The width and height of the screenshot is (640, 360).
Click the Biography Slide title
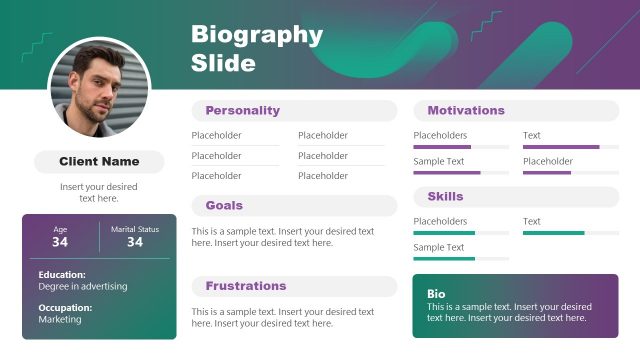pyautogui.click(x=257, y=49)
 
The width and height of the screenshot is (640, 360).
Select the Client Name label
pyautogui.click(x=99, y=161)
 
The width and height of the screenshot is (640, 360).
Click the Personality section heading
pyautogui.click(x=243, y=111)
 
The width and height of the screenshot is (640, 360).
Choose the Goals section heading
pyautogui.click(x=224, y=205)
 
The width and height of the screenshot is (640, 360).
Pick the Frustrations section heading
pyautogui.click(x=246, y=286)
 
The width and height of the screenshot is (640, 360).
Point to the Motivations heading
pyautogui.click(x=466, y=111)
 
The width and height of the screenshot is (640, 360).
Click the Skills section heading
pyautogui.click(x=445, y=196)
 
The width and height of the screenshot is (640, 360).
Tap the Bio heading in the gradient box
pyautogui.click(x=436, y=294)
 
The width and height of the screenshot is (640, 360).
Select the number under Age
pyautogui.click(x=60, y=242)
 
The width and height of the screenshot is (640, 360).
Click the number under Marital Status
pyautogui.click(x=135, y=242)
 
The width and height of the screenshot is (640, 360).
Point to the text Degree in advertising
pyautogui.click(x=83, y=287)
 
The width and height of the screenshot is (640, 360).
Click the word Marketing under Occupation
pyautogui.click(x=60, y=320)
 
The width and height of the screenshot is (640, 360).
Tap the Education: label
pyautogui.click(x=62, y=274)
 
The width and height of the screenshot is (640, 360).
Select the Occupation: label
pyautogui.click(x=65, y=308)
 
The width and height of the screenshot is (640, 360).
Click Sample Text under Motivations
pyautogui.click(x=439, y=161)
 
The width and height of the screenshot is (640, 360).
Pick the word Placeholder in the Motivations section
pyautogui.click(x=548, y=161)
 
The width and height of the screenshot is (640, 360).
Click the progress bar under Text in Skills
pyautogui.click(x=567, y=233)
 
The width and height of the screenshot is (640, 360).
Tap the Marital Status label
pyautogui.click(x=135, y=229)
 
